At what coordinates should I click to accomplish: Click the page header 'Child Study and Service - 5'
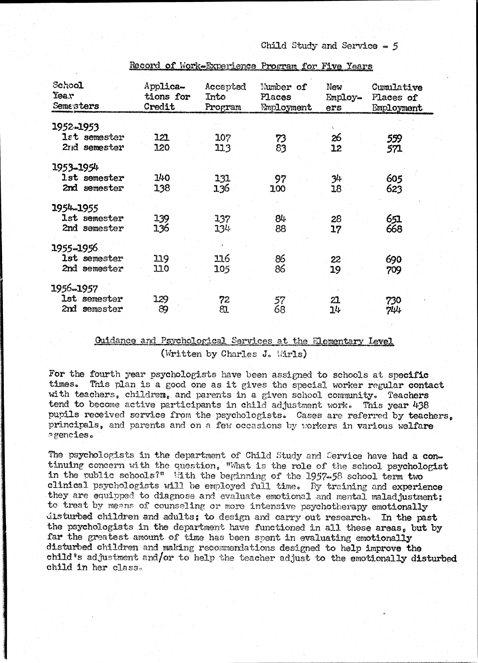329,46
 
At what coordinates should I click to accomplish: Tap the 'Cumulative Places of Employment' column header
397,97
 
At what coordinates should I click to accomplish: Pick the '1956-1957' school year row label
74,289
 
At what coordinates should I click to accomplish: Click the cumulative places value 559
394,138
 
